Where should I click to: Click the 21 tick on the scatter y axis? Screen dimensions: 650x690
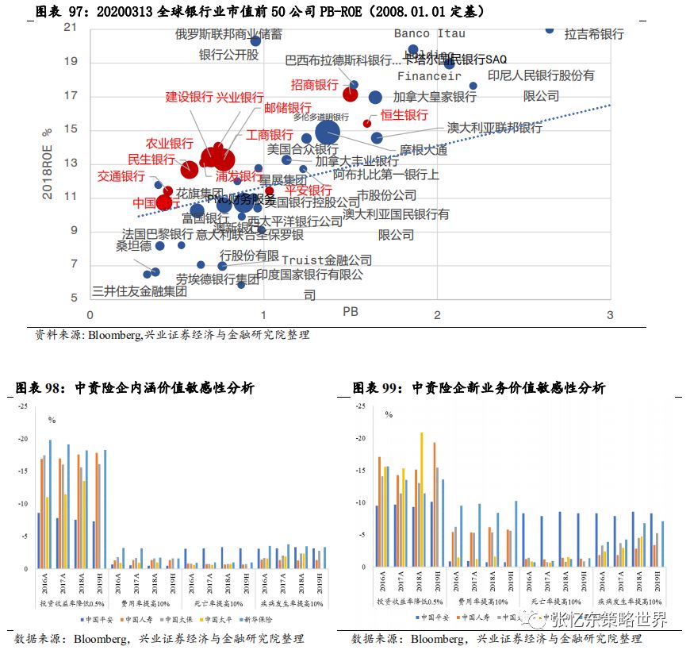pyautogui.click(x=71, y=28)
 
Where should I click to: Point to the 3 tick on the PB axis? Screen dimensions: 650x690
pyautogui.click(x=609, y=316)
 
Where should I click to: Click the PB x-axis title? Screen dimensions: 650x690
pyautogui.click(x=351, y=312)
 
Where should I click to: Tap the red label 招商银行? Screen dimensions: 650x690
pyautogui.click(x=315, y=85)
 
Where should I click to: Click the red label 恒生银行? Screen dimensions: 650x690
pyautogui.click(x=404, y=116)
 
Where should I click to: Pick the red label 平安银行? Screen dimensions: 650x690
pyautogui.click(x=309, y=190)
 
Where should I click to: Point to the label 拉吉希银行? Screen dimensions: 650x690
pyautogui.click(x=594, y=34)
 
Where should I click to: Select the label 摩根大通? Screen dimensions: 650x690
pyautogui.click(x=423, y=150)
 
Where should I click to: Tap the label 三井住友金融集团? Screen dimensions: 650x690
pyautogui.click(x=140, y=290)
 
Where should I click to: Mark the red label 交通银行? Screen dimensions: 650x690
pyautogui.click(x=121, y=176)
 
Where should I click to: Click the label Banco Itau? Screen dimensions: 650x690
pyautogui.click(x=429, y=33)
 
